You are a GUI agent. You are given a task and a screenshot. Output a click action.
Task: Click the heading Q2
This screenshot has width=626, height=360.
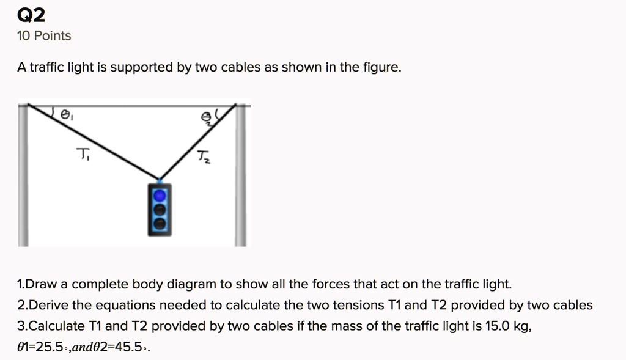pos(31,14)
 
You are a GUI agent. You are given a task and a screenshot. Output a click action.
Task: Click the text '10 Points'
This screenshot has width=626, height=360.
pos(44,36)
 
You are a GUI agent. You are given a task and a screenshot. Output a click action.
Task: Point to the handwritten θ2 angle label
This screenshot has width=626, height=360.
pos(208,117)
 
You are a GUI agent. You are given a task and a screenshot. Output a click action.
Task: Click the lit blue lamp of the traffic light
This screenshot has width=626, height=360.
pos(160,195)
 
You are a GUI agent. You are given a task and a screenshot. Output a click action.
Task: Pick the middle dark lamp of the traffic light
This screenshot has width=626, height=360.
pos(160,210)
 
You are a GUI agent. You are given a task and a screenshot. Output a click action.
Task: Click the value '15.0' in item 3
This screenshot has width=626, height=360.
pos(497,326)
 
